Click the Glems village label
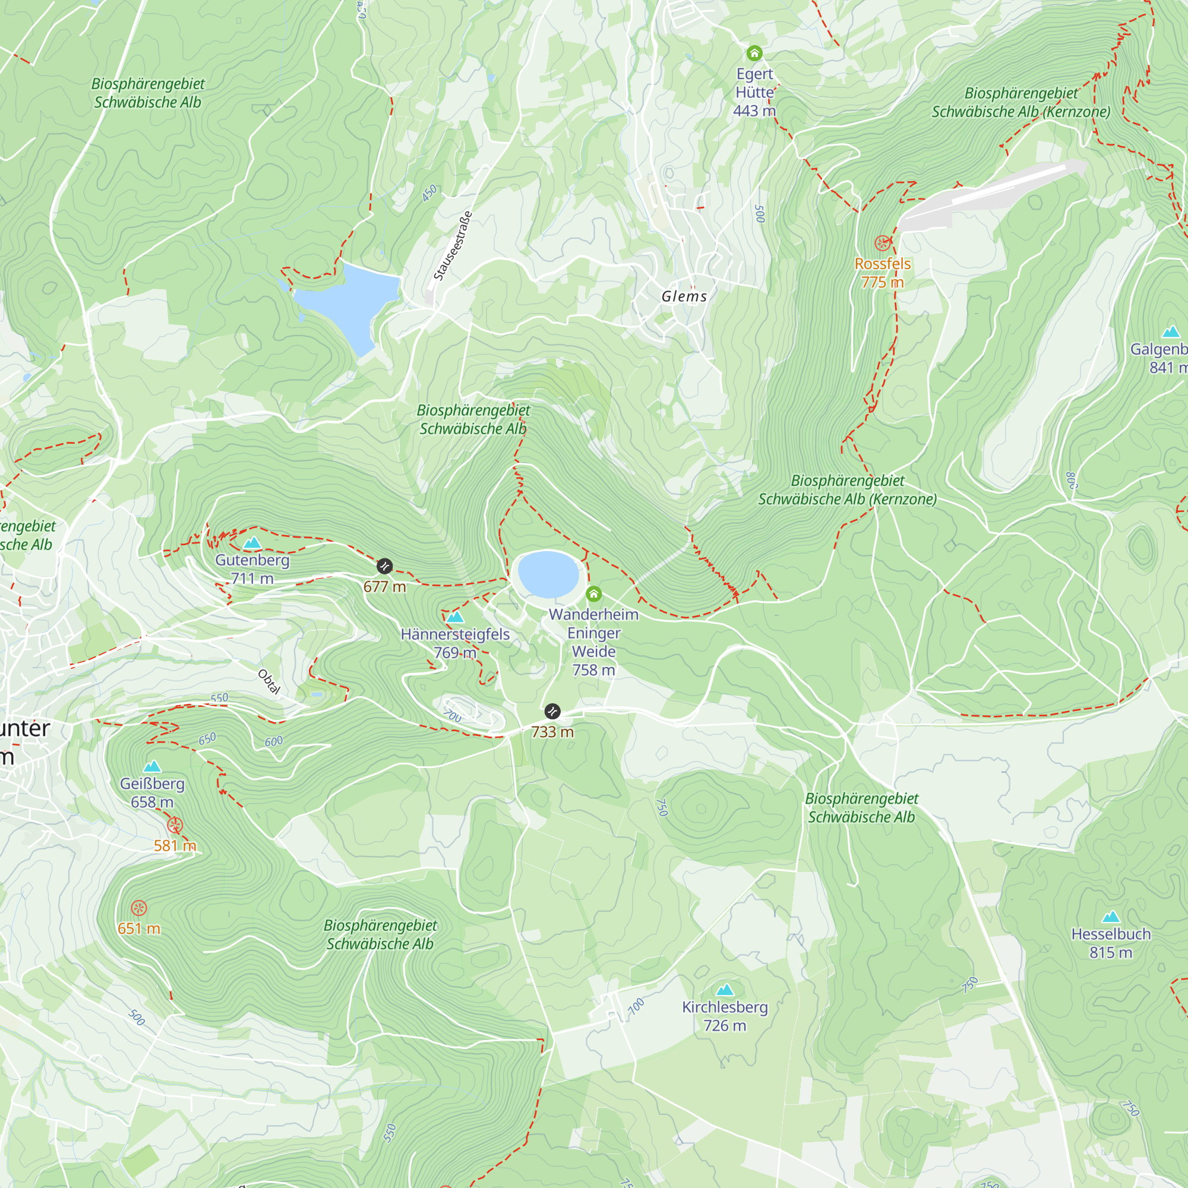(x=684, y=296)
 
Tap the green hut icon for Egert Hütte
(x=754, y=53)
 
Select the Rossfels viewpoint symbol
(x=883, y=243)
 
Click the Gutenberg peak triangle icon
(x=252, y=542)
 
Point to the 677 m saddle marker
(x=384, y=565)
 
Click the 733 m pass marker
(x=552, y=712)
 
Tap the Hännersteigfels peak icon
(x=455, y=617)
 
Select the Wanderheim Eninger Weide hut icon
(x=593, y=593)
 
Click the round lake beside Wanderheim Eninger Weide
(x=548, y=574)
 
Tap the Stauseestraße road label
(x=453, y=246)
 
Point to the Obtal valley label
(x=268, y=682)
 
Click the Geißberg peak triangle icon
(x=152, y=766)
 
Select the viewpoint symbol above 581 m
(x=175, y=825)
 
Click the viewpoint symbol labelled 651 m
(x=139, y=908)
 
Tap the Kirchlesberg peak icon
(x=725, y=990)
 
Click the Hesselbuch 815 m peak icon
(x=1111, y=917)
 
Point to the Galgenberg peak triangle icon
(x=1171, y=332)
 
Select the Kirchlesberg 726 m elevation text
(x=724, y=1026)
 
